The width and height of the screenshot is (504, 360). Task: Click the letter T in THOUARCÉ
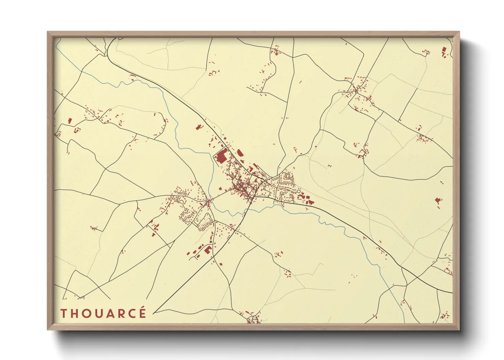tap(63, 313)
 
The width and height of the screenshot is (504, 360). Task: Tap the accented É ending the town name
tap(142, 312)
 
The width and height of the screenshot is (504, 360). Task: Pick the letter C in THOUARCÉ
tap(130, 313)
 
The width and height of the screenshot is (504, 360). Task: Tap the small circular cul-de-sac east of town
tap(299, 192)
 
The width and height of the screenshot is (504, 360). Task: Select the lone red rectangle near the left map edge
tap(69, 121)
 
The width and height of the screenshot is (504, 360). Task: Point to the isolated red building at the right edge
tap(438, 200)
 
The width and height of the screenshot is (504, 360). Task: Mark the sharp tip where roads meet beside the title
tap(154, 312)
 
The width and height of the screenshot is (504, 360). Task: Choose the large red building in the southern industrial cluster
tap(207, 250)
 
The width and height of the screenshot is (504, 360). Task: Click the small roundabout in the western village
tap(207, 203)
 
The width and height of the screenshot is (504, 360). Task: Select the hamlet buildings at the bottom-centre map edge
tap(253, 319)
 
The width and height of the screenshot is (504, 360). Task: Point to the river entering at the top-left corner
tap(58, 43)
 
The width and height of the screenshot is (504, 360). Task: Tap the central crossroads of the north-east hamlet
tap(356, 90)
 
